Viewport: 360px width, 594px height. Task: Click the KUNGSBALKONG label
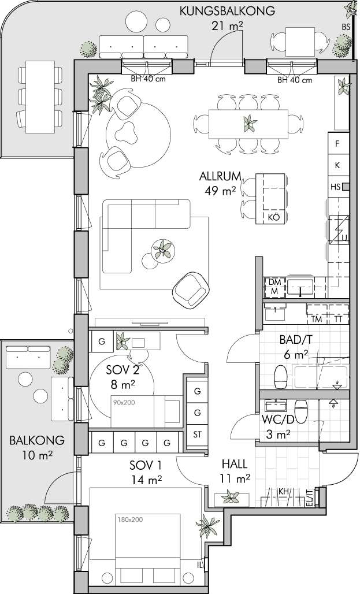click(227, 11)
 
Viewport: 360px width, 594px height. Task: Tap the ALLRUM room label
click(220, 176)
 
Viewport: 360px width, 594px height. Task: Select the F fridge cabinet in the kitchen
click(337, 143)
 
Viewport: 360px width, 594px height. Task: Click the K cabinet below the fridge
click(337, 165)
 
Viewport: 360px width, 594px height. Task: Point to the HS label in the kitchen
click(335, 187)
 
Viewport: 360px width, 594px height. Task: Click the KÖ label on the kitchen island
click(273, 217)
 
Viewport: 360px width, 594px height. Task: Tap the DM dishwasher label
click(273, 282)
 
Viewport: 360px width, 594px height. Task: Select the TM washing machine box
click(317, 320)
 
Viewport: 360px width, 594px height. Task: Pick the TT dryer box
click(339, 320)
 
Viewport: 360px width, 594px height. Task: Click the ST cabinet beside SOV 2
click(198, 435)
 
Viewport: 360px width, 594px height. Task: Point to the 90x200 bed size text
click(124, 402)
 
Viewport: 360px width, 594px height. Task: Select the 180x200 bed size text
click(129, 519)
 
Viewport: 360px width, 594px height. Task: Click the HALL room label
click(235, 464)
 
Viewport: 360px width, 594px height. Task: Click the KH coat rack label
click(284, 491)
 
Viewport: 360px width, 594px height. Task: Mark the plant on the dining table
click(250, 124)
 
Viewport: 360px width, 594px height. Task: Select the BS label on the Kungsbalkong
click(346, 27)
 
